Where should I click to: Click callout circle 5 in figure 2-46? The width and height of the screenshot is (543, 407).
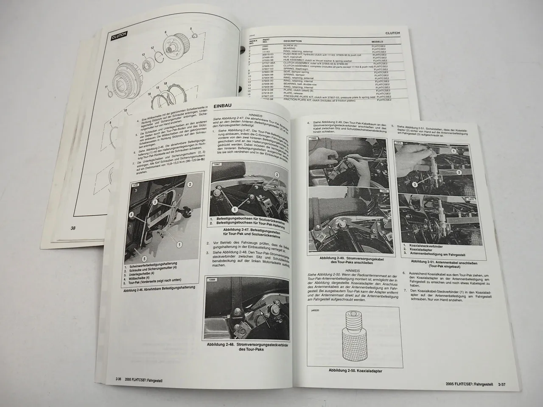pyautogui.click(x=144, y=259)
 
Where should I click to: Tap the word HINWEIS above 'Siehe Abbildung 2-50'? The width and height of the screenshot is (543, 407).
pyautogui.click(x=353, y=270)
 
